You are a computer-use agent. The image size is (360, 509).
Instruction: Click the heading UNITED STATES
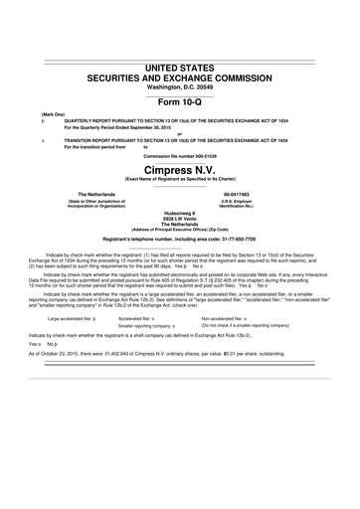tap(180, 66)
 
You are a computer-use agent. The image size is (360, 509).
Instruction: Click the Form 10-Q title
tap(180, 103)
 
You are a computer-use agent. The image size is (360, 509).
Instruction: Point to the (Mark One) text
tap(53, 114)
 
